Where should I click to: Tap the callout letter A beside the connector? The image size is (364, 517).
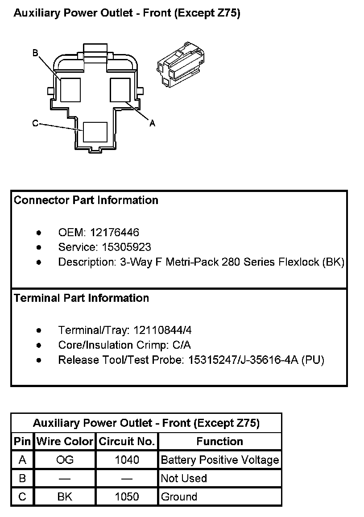coord(152,123)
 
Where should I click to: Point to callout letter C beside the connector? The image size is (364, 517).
coord(35,124)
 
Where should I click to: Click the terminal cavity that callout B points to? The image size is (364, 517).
coord(70,90)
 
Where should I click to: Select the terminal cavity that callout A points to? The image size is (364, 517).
coord(120,90)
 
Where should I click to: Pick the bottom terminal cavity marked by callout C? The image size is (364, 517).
coord(95,132)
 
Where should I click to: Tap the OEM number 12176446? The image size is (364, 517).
coord(115,232)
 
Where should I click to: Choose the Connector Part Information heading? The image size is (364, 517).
coord(86,200)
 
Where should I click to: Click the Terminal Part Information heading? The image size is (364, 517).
coord(82,298)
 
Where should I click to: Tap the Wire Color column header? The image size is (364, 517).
coord(65,442)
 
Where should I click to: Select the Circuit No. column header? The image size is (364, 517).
coord(127,442)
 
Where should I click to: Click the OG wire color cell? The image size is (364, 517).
coord(65,460)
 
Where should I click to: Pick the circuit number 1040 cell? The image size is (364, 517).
coord(127,460)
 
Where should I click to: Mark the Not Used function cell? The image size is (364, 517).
coord(184,478)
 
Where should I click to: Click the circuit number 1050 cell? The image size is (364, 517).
coord(127,496)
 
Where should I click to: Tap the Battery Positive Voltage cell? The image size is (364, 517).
coord(219,460)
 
